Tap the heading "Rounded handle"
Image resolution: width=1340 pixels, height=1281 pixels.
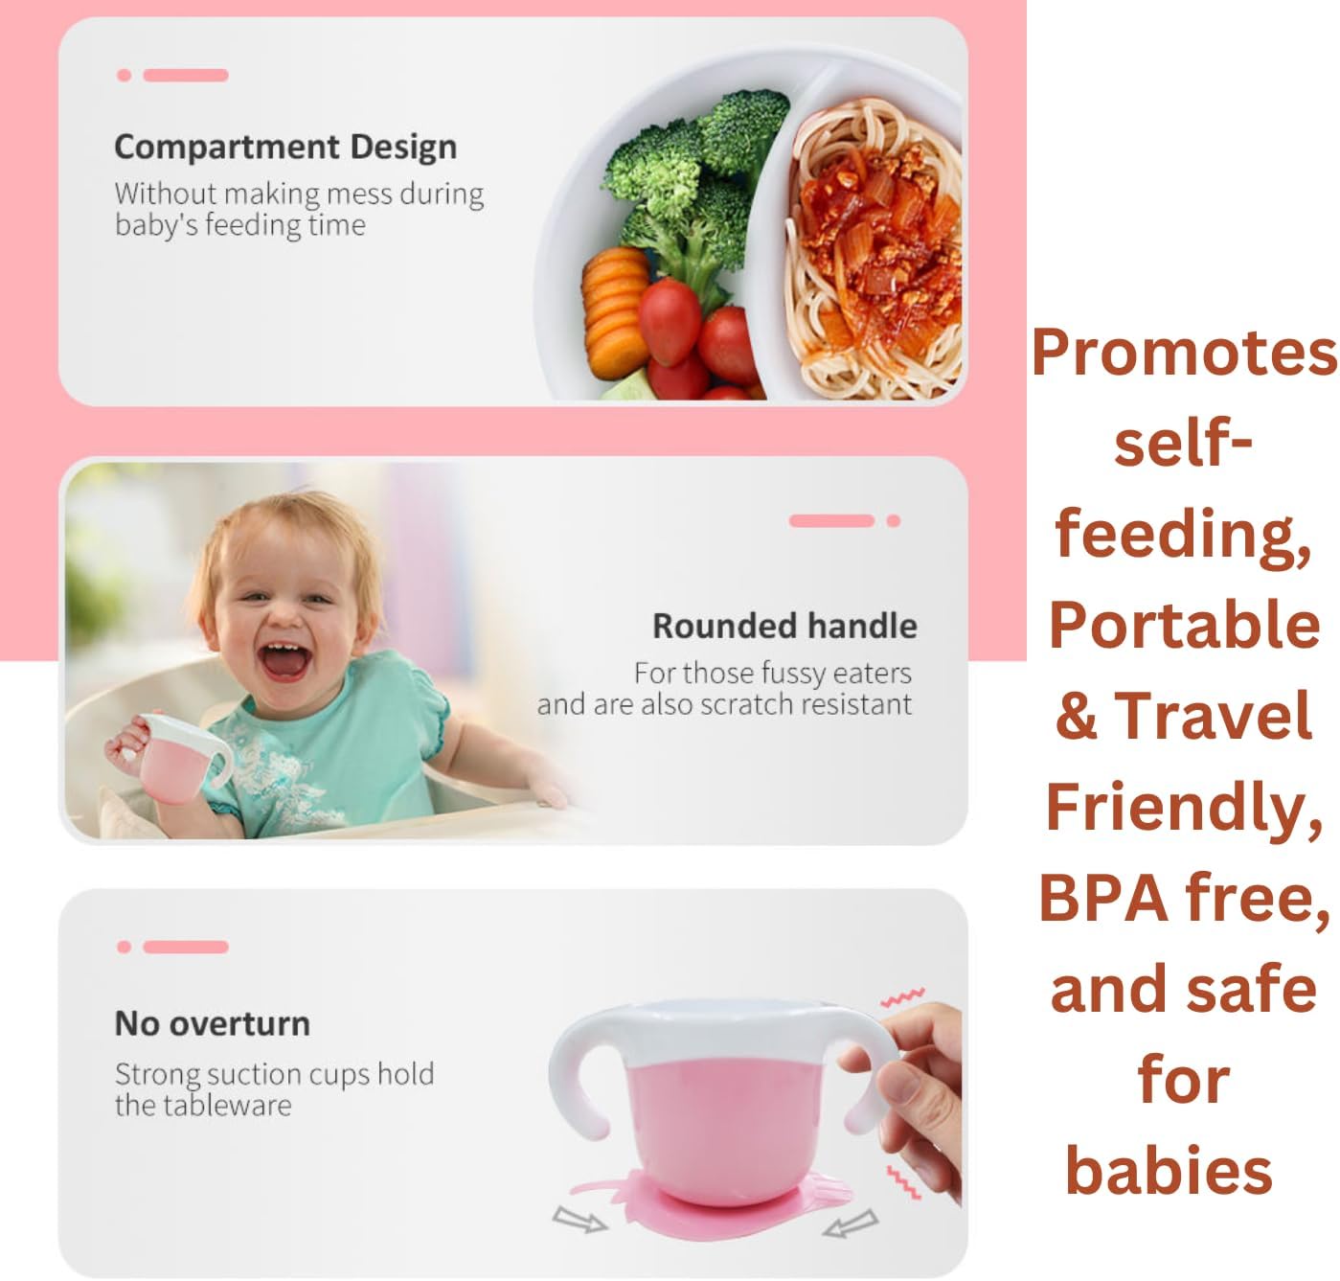pos(784,626)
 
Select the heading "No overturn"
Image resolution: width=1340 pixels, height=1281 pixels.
pos(212,1023)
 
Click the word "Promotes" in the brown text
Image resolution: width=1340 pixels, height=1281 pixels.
pos(1184,352)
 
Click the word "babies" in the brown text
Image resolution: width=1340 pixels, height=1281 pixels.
pos(1169,1171)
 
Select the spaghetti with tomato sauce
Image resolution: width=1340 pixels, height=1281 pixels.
pos(874,248)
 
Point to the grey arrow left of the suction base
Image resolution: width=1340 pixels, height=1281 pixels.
pos(579,1220)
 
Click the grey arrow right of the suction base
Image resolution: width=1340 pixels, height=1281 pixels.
pos(851,1224)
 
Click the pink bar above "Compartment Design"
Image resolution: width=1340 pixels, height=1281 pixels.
pos(185,75)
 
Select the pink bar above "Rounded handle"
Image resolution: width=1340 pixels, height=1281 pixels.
pos(831,520)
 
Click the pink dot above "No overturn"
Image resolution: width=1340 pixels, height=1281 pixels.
pos(124,947)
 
